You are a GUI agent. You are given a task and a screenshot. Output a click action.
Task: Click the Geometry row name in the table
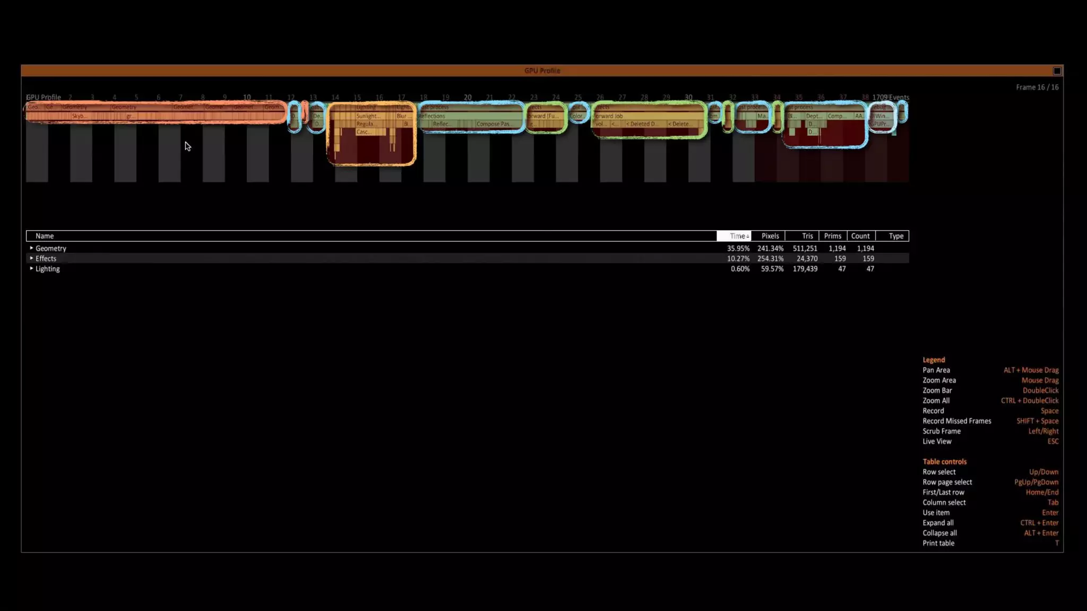[51, 248]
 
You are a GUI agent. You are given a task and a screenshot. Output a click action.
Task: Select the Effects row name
[46, 259]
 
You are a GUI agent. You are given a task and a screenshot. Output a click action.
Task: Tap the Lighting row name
[48, 269]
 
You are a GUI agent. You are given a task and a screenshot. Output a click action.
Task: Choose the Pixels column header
[770, 236]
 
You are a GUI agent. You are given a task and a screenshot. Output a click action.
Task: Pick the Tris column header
[807, 236]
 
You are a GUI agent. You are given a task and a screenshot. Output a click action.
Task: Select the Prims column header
[832, 236]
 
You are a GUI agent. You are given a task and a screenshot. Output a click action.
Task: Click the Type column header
[896, 236]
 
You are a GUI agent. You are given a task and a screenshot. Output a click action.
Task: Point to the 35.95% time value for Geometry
[738, 248]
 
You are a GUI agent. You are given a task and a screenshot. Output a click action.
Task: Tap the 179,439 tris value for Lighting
[805, 269]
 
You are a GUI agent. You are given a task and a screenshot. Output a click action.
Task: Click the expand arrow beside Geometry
[31, 248]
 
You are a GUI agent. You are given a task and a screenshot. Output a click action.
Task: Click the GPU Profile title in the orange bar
[542, 71]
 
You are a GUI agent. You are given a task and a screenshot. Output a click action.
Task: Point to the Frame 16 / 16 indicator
[1037, 87]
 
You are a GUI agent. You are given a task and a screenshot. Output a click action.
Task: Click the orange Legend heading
[934, 360]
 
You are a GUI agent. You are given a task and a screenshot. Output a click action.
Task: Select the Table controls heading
[944, 461]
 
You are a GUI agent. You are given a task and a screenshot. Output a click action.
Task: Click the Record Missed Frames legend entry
[956, 421]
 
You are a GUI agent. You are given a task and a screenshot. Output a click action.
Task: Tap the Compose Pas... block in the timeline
[493, 124]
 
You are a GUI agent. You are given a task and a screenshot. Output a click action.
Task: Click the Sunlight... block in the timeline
[368, 116]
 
